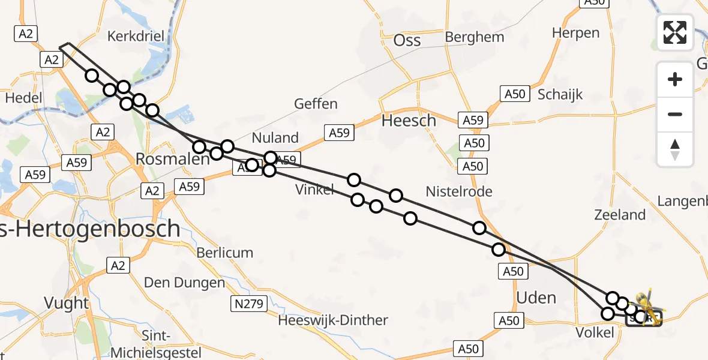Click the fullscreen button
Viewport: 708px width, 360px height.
point(675,32)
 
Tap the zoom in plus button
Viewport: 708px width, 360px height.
point(675,79)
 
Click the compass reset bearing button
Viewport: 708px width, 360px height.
point(675,149)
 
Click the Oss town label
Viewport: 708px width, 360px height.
point(407,40)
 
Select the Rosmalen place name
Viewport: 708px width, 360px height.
point(164,159)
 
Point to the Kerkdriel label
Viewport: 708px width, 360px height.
point(136,36)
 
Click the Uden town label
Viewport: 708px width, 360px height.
point(536,297)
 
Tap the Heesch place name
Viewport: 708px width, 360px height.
point(409,121)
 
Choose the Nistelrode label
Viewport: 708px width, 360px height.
point(459,191)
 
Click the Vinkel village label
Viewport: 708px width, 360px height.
point(314,190)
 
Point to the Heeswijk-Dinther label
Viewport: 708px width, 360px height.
point(333,320)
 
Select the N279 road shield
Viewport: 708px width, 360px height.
point(248,304)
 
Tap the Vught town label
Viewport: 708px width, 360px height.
point(67,303)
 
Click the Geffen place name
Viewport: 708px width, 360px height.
point(316,104)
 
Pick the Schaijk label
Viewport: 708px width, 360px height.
point(560,94)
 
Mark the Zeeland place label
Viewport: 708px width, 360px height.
point(620,214)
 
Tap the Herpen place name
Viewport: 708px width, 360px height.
point(575,32)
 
